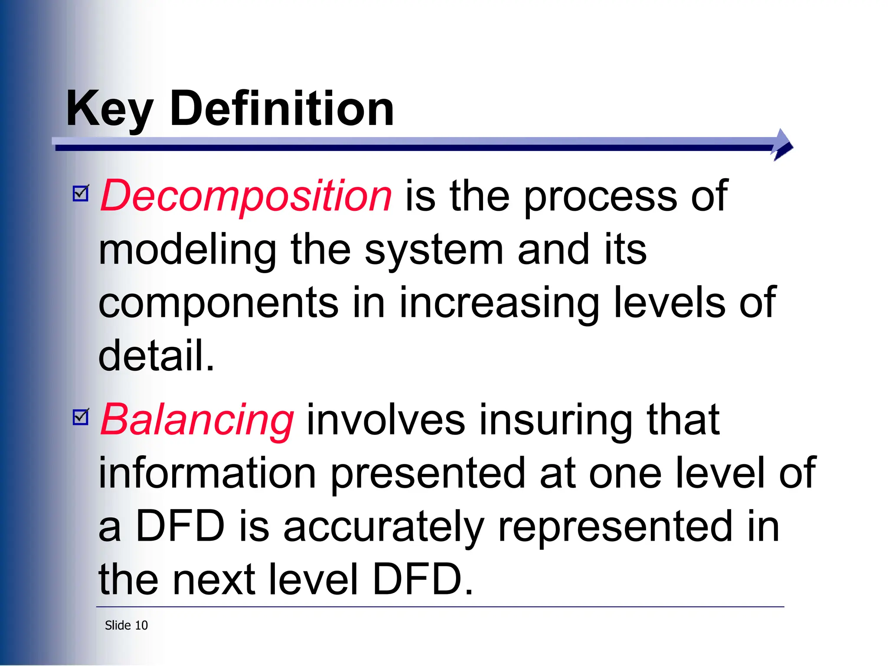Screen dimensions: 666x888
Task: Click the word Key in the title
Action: pyautogui.click(x=109, y=109)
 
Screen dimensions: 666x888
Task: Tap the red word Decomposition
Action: pyautogui.click(x=246, y=196)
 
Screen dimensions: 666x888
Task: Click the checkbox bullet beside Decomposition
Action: pyautogui.click(x=81, y=193)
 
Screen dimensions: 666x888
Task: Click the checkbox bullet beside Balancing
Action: pyautogui.click(x=81, y=417)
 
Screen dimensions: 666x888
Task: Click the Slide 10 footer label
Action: pyautogui.click(x=126, y=625)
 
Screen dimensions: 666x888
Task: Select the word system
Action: pyautogui.click(x=434, y=250)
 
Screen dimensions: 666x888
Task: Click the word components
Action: pyautogui.click(x=218, y=303)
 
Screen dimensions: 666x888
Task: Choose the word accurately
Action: pyautogui.click(x=383, y=527)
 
